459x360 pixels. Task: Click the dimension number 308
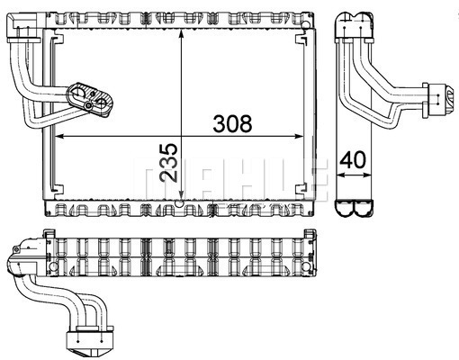tap(232, 124)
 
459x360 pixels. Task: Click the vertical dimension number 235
tap(168, 162)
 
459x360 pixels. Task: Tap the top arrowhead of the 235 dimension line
tap(181, 33)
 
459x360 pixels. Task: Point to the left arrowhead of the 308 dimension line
tap(60, 137)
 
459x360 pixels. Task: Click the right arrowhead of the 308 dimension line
tap(300, 137)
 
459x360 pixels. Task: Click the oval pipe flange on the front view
tap(90, 98)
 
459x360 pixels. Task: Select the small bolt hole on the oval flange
tap(88, 105)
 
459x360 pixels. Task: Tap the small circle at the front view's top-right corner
tap(305, 25)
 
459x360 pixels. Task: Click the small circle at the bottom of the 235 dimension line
tap(180, 203)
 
